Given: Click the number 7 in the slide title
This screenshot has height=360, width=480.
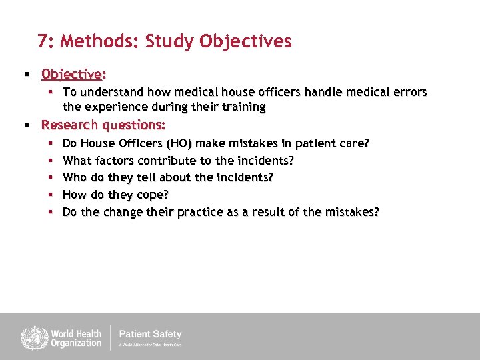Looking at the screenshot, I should (x=43, y=41).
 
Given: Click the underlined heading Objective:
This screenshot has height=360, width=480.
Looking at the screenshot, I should (x=74, y=73).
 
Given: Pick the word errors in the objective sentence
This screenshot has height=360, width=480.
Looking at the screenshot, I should (x=409, y=91).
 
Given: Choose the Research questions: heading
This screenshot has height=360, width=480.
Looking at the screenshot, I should (x=103, y=125).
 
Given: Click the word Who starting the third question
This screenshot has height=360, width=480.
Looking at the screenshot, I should (x=75, y=177).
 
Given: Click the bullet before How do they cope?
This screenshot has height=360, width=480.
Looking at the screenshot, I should (x=51, y=195).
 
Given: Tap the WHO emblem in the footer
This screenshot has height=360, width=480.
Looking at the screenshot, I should (x=31, y=337).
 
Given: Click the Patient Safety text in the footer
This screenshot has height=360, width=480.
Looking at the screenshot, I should (x=150, y=334).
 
